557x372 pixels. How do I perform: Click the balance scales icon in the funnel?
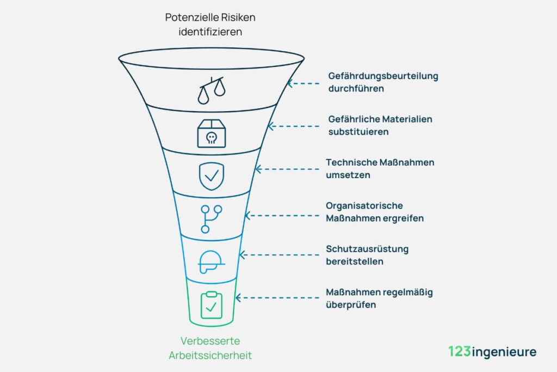click(211, 90)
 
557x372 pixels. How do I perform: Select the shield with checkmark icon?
click(211, 175)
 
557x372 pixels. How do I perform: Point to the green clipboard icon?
click(211, 305)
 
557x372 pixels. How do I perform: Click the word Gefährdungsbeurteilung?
click(383, 76)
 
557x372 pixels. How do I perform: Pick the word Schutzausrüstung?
click(367, 249)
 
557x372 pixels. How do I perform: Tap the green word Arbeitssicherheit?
click(211, 356)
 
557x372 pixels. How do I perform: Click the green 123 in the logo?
click(460, 351)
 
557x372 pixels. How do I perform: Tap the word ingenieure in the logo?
click(503, 352)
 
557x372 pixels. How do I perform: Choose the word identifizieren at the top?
click(211, 32)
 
